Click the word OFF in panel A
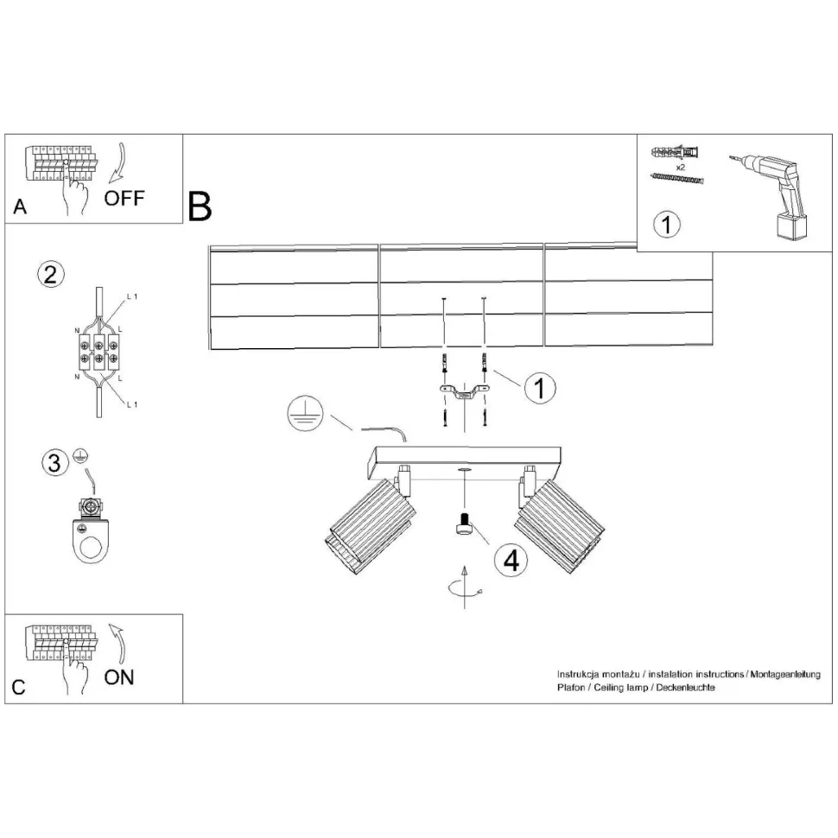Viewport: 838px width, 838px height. click(x=124, y=199)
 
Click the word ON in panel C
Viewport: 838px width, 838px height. click(x=119, y=677)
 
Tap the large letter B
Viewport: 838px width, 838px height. click(x=200, y=206)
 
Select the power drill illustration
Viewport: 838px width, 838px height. click(x=774, y=194)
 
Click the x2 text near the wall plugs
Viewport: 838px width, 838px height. click(x=681, y=167)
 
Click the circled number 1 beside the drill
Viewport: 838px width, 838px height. click(x=667, y=225)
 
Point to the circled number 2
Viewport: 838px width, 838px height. click(x=50, y=275)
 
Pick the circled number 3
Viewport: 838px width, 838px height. click(x=54, y=463)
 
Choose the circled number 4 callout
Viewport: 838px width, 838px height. click(x=510, y=561)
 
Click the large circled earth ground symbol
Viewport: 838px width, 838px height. click(x=304, y=415)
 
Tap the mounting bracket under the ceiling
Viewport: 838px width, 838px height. click(x=465, y=394)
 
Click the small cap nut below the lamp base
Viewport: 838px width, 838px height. click(x=465, y=524)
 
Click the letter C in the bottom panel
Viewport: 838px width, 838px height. click(x=19, y=688)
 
